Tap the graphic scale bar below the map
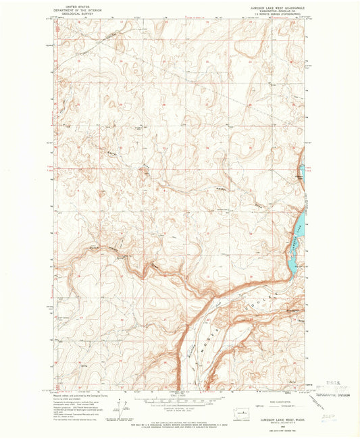tap(180, 401)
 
